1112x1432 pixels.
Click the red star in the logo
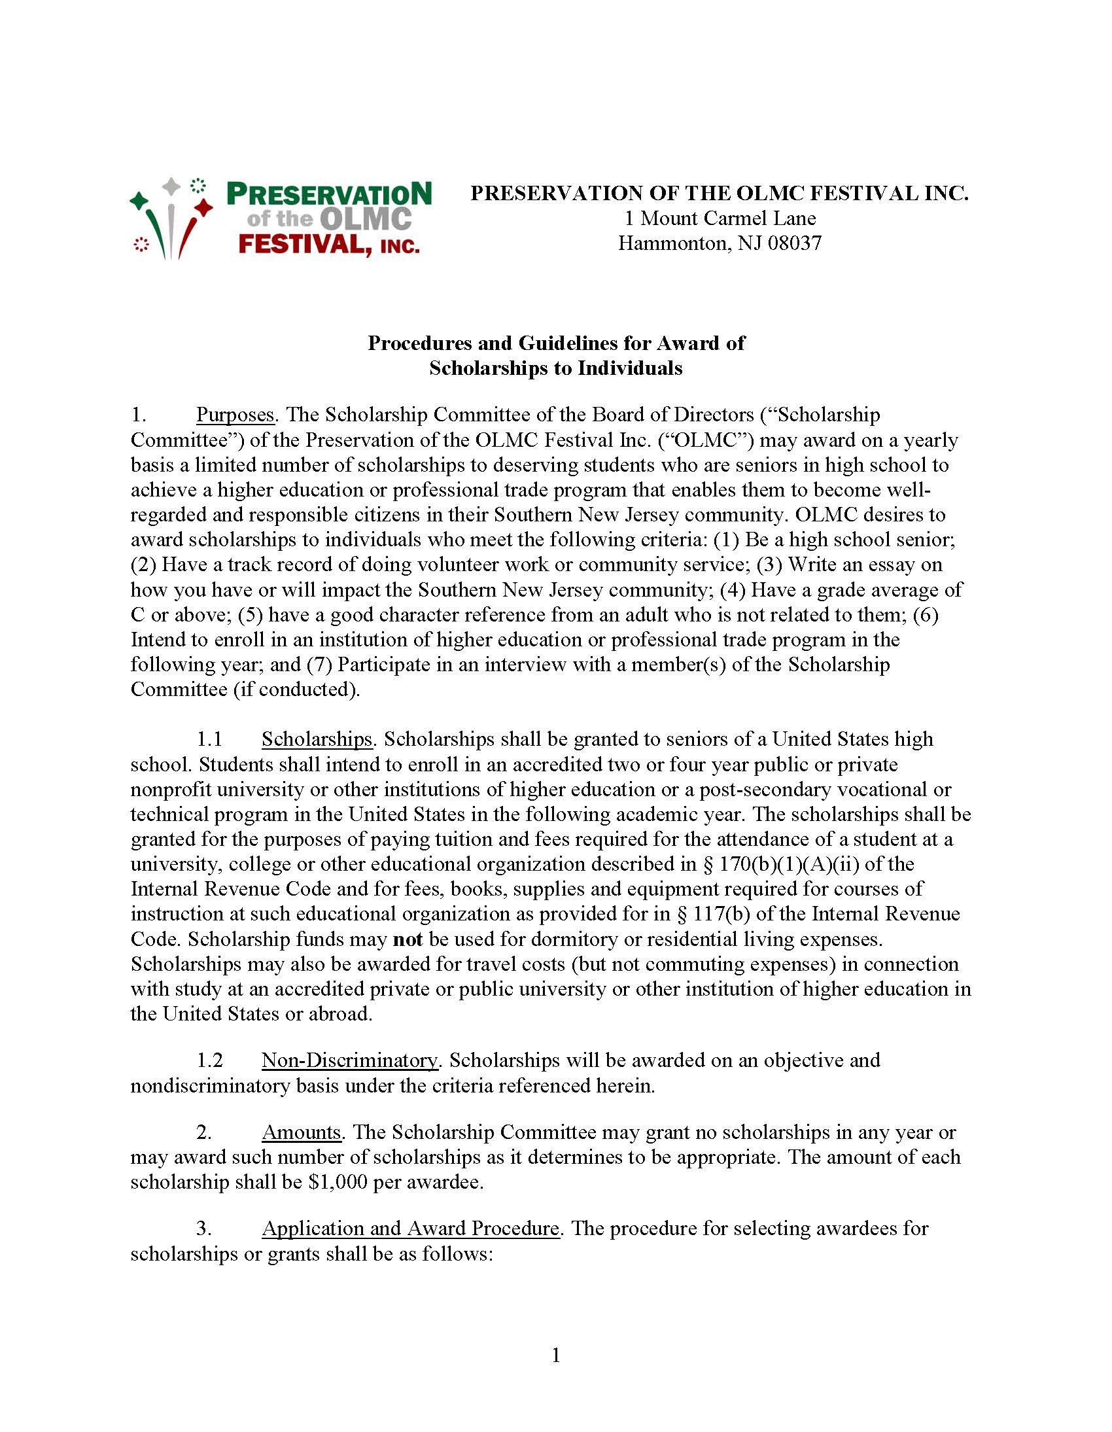click(x=205, y=207)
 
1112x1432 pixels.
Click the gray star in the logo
click(x=171, y=186)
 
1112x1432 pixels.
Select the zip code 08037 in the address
click(x=794, y=243)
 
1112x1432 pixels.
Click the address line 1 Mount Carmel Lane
click(x=720, y=218)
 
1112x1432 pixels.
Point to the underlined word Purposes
click(x=235, y=415)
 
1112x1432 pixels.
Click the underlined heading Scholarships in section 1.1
click(x=317, y=739)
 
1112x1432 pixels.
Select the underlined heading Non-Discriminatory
click(x=349, y=1060)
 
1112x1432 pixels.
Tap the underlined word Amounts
click(x=301, y=1132)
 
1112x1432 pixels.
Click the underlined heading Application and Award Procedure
click(x=410, y=1228)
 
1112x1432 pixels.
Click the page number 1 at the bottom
click(x=556, y=1355)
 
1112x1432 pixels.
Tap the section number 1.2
click(x=209, y=1060)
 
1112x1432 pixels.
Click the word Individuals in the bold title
click(x=629, y=368)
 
